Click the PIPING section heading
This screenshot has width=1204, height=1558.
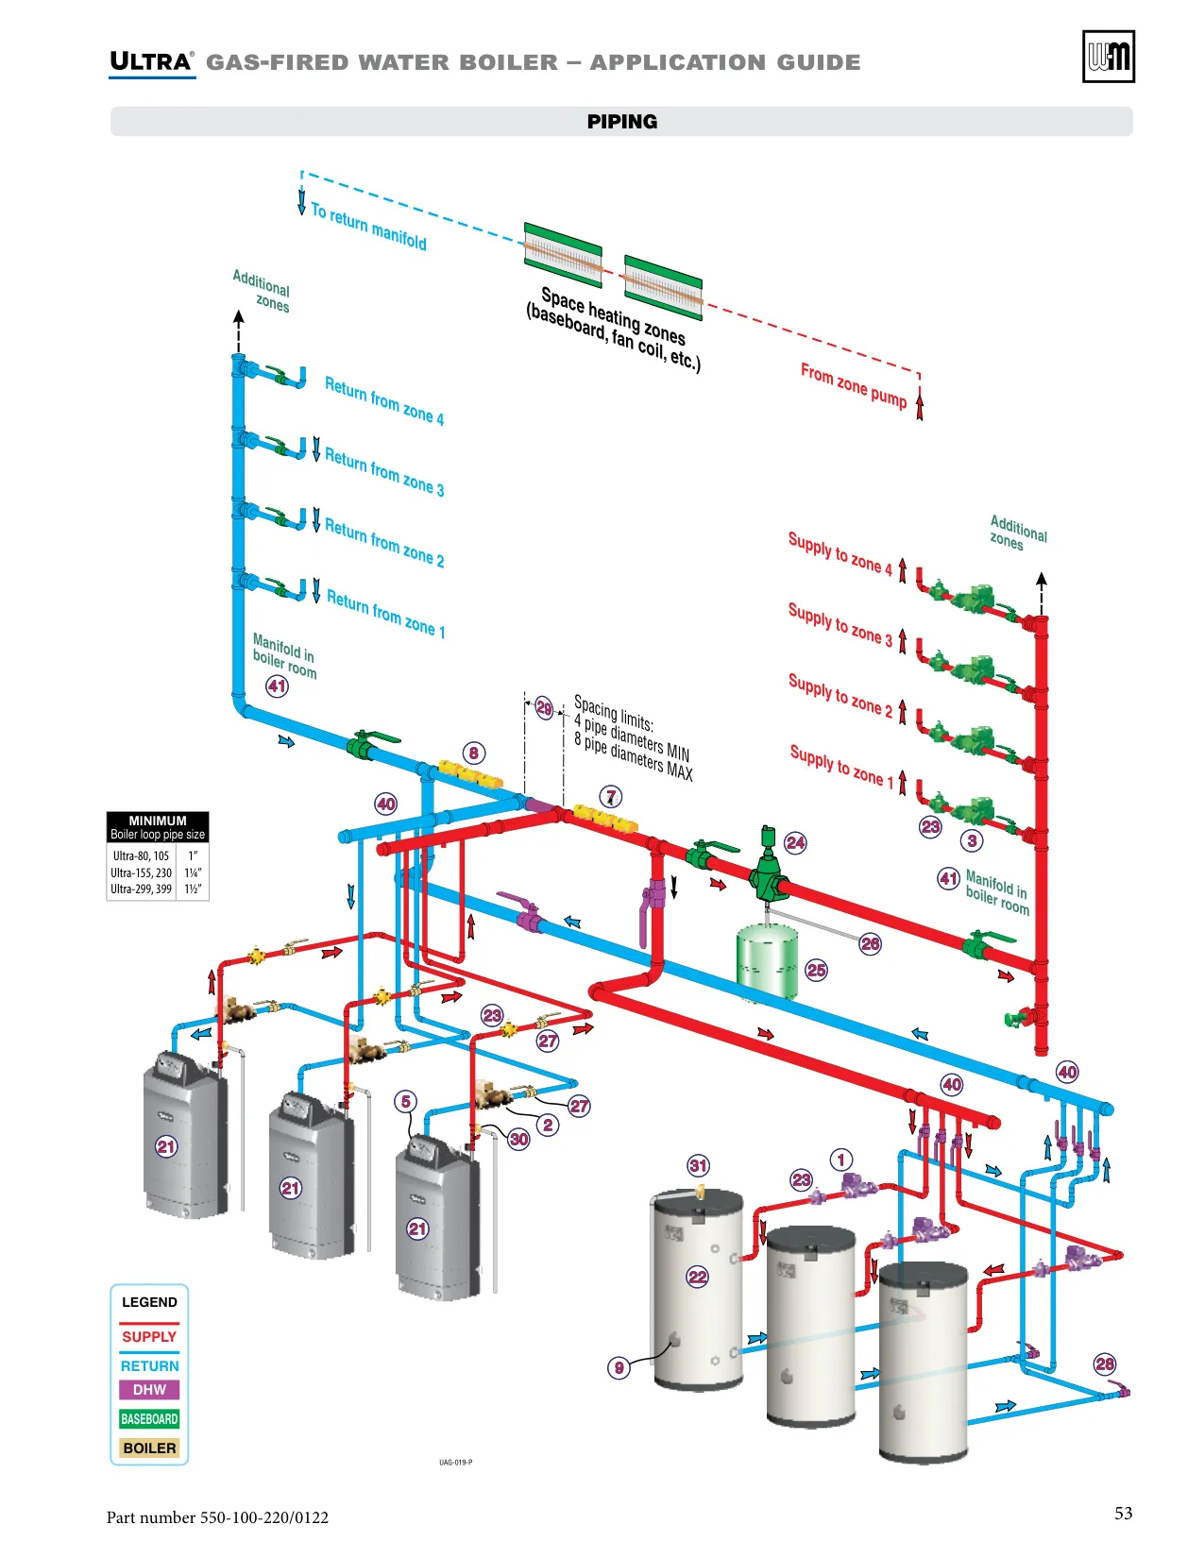(x=621, y=122)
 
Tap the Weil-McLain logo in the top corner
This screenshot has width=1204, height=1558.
(x=1108, y=57)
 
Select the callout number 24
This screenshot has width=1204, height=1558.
(x=795, y=842)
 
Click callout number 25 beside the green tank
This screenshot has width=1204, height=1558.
(x=816, y=970)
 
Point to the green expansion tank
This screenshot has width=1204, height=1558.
(x=767, y=960)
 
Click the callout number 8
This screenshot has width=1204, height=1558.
(x=473, y=753)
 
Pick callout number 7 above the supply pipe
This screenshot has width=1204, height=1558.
(x=610, y=797)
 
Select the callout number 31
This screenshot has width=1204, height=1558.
(x=698, y=1165)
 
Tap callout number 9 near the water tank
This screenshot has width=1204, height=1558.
(x=619, y=1367)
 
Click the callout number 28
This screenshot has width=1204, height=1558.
(x=1104, y=1363)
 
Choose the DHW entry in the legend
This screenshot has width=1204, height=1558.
(x=149, y=1390)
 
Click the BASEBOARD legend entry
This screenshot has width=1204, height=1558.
(x=149, y=1419)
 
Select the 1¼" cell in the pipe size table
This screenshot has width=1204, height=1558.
(x=193, y=872)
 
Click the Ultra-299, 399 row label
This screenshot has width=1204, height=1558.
(x=141, y=889)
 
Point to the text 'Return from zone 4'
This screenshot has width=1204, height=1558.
(x=384, y=400)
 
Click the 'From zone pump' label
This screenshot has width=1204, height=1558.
(x=854, y=386)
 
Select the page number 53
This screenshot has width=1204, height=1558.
(x=1123, y=1513)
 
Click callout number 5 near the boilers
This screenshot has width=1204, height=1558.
(x=406, y=1101)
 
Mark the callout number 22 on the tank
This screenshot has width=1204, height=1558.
(x=697, y=1277)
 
